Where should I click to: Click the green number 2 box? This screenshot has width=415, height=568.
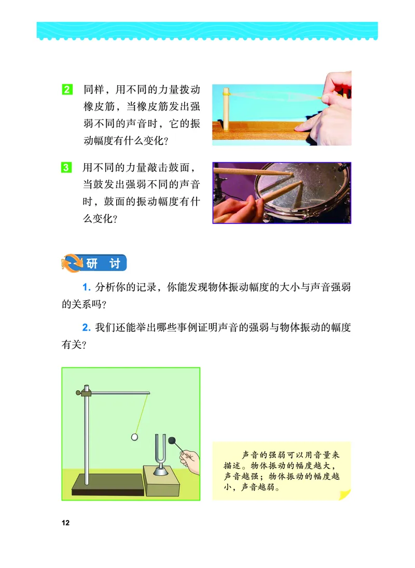coord(67,89)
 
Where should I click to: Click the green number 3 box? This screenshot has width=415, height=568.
coord(67,167)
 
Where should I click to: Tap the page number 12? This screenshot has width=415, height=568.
coord(65,522)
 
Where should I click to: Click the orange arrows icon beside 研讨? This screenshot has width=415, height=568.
coord(72,263)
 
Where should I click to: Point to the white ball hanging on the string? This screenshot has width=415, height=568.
coord(135,437)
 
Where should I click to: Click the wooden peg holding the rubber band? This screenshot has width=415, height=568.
coord(226,109)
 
